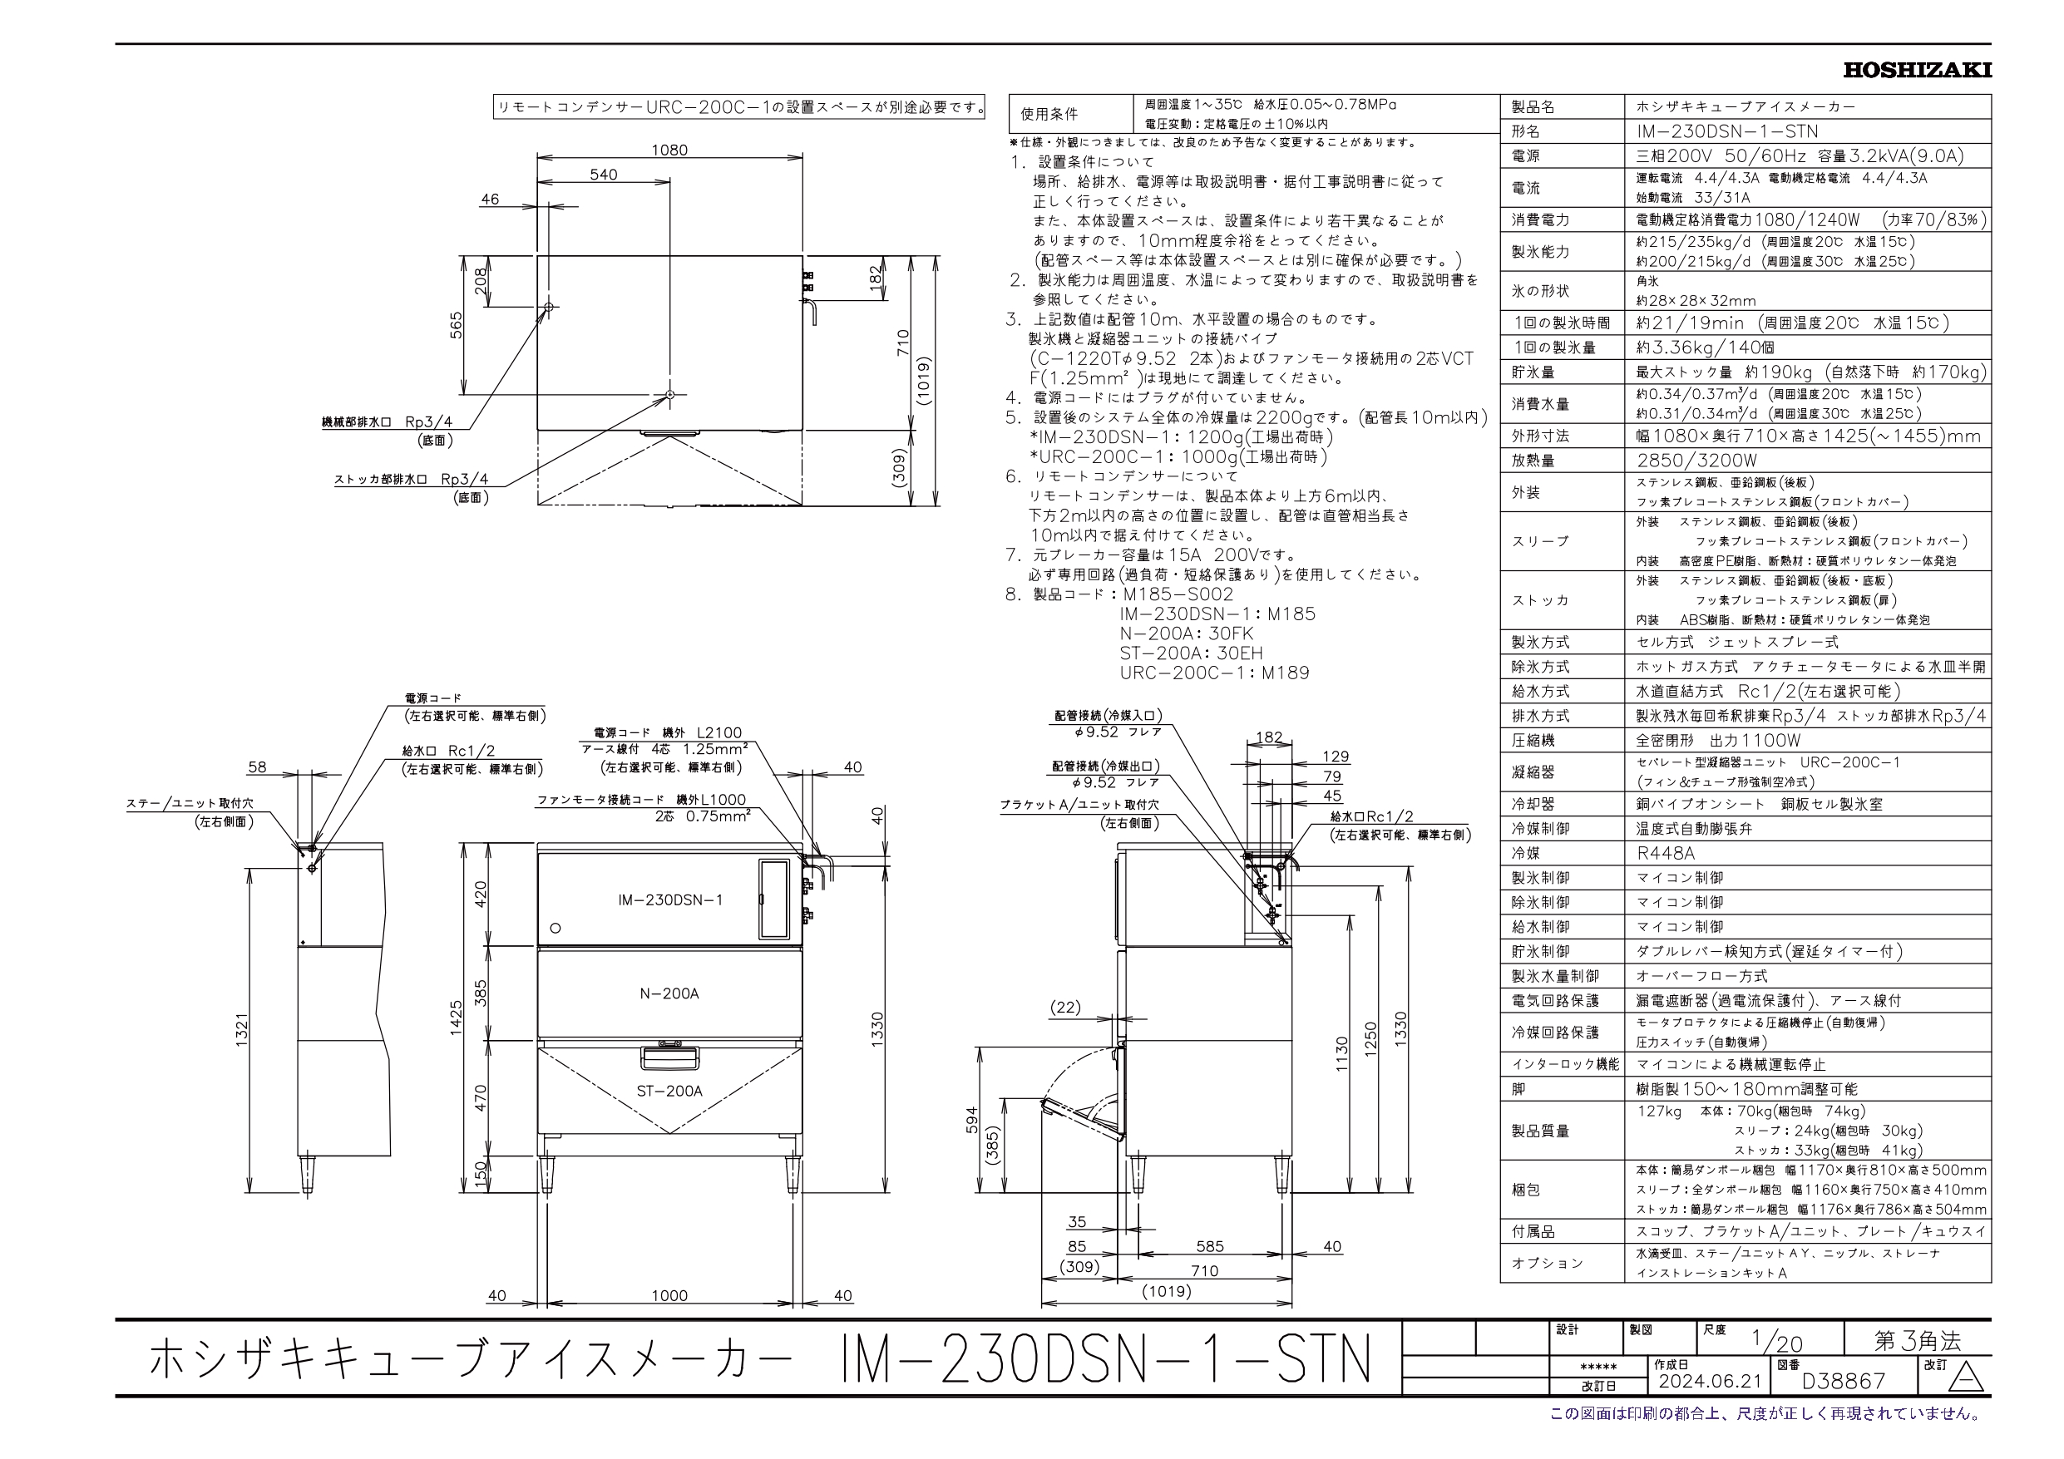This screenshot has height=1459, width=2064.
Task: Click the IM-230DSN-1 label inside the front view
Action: [669, 900]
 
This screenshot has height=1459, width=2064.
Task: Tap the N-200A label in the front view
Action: [669, 993]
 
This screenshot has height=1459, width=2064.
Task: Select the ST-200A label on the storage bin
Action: [669, 1092]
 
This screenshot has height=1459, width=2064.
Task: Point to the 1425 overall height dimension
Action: [457, 1018]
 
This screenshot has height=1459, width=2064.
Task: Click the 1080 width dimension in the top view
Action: [669, 150]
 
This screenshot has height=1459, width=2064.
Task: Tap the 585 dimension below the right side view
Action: [1210, 1247]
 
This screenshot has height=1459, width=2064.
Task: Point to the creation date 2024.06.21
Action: [1710, 1381]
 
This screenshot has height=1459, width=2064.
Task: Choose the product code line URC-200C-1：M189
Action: [1214, 673]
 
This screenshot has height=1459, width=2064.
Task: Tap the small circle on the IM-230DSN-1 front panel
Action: [555, 928]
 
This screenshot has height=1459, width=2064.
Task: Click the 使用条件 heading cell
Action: [1049, 114]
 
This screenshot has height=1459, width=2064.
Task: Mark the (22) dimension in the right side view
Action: [1065, 1008]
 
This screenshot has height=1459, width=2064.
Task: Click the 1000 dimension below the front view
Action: [669, 1295]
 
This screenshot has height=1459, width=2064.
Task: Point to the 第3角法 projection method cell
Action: [1917, 1341]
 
